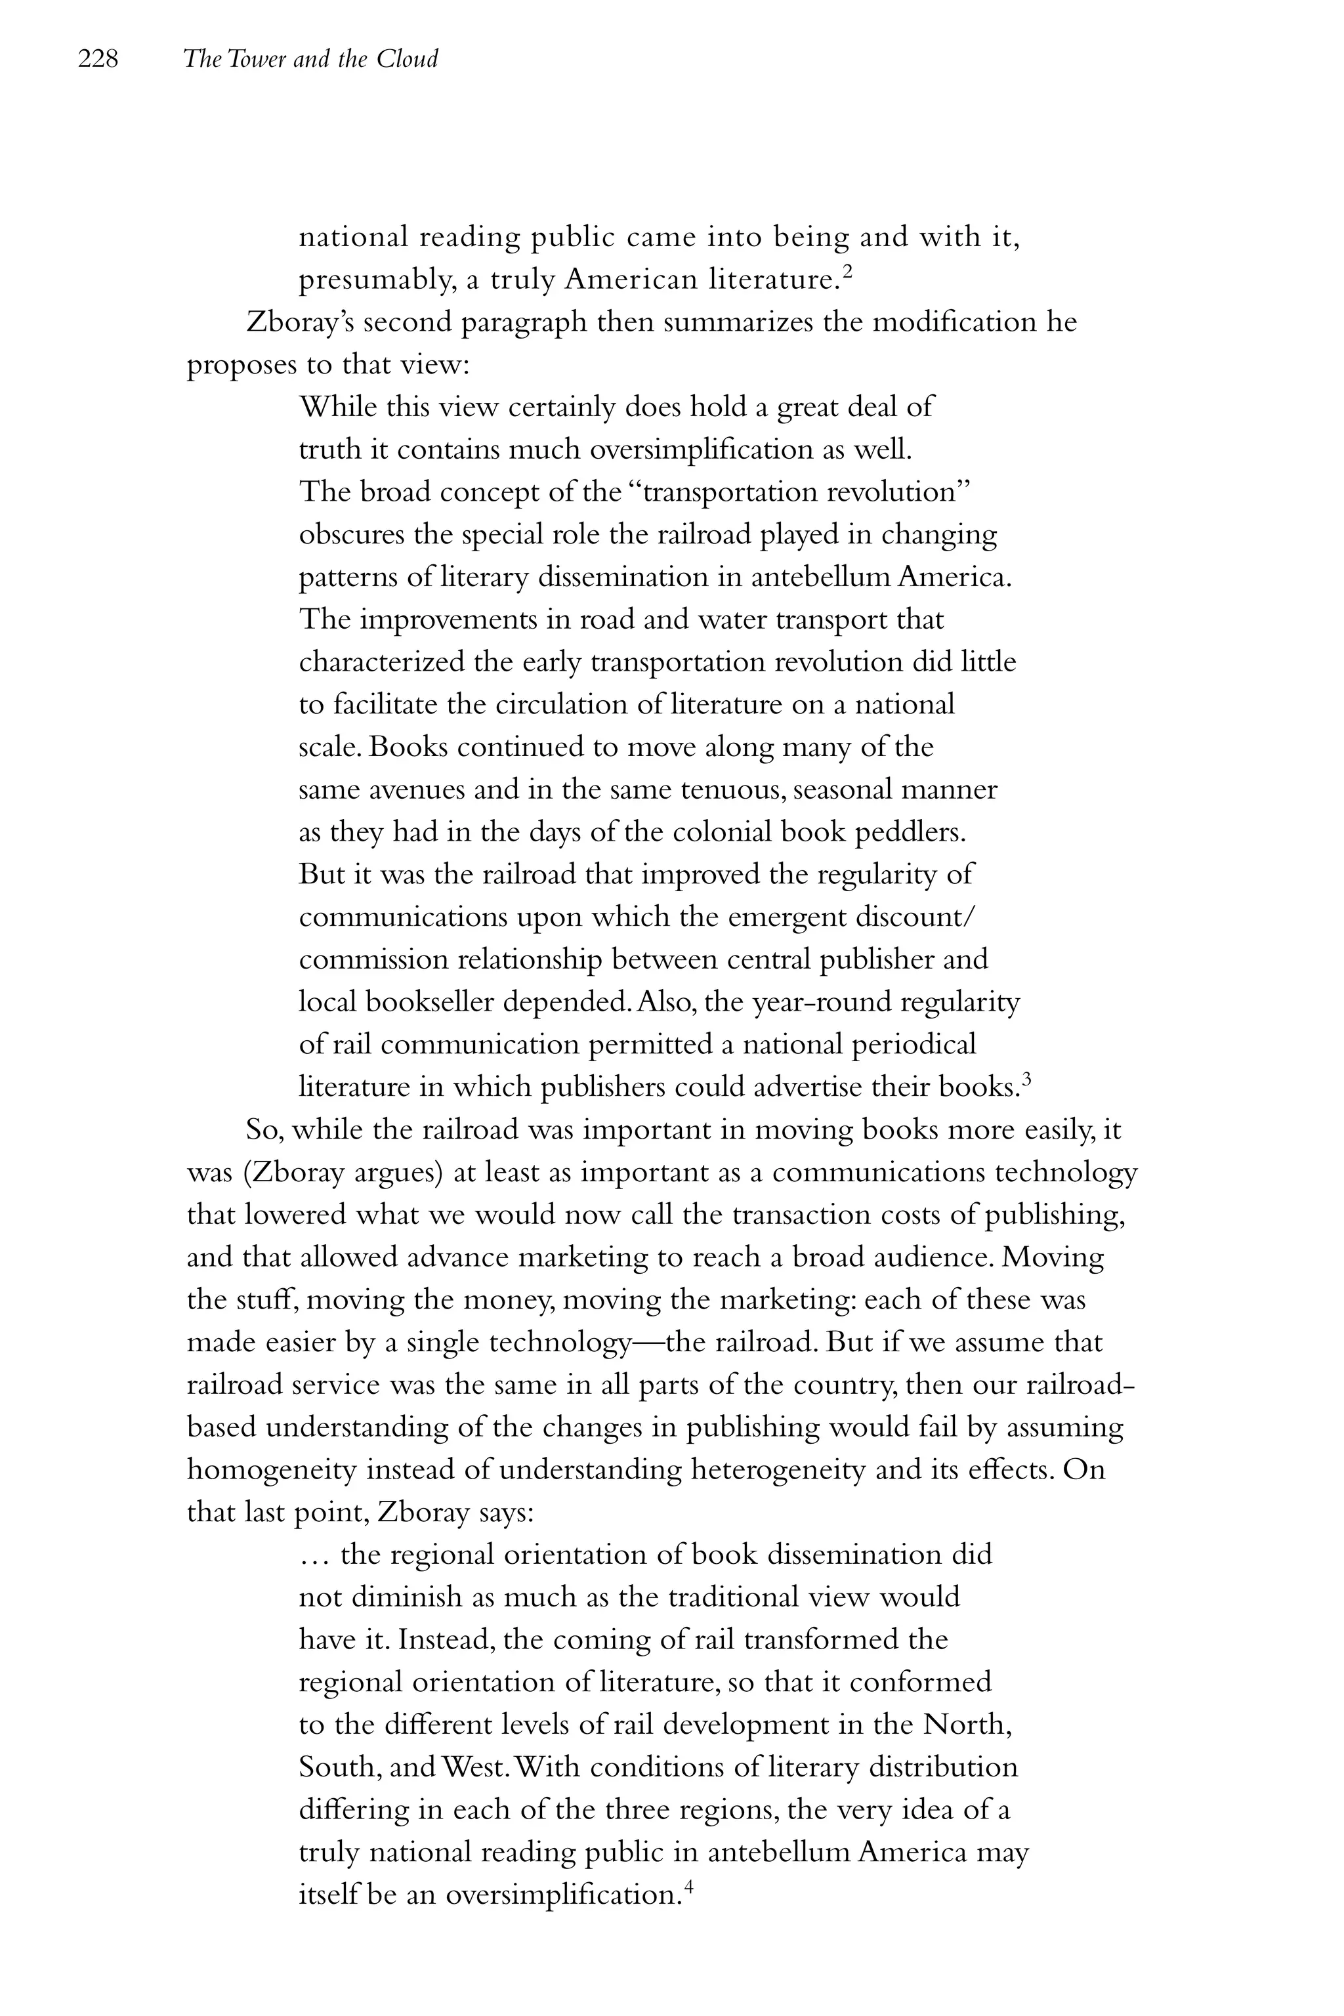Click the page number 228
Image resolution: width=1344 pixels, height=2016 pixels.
click(x=98, y=59)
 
